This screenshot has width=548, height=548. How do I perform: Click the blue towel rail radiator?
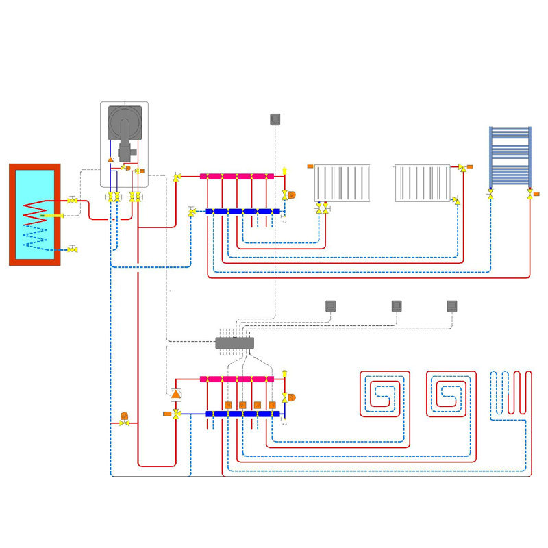[x=510, y=156]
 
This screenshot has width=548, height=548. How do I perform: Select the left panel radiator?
[x=342, y=183]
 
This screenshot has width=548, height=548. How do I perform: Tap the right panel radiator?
[x=422, y=183]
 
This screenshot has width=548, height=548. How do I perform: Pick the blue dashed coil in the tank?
[x=35, y=240]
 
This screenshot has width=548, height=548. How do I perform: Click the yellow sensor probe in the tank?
[x=52, y=216]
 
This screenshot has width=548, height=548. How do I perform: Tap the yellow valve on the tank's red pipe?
[x=73, y=200]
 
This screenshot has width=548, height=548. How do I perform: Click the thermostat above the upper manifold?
[x=276, y=119]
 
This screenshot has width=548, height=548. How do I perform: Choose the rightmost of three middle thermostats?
[x=452, y=306]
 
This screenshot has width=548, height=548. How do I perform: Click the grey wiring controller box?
[x=235, y=342]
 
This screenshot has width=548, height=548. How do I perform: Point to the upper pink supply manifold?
[x=236, y=176]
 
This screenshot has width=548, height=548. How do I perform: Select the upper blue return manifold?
[x=243, y=212]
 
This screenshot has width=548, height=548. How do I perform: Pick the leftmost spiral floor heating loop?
[x=384, y=394]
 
